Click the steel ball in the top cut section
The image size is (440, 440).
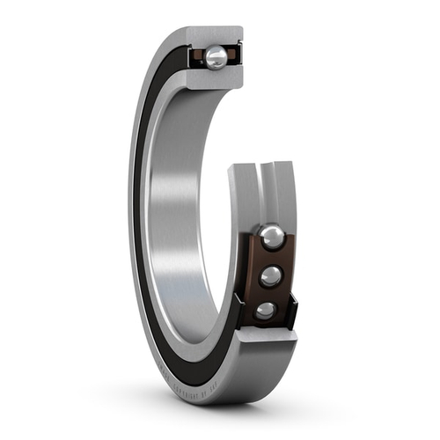pyautogui.click(x=216, y=57)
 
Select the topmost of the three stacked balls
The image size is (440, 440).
pyautogui.click(x=270, y=237)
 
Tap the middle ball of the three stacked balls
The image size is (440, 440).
pyautogui.click(x=271, y=275)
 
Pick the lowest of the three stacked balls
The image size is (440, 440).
pyautogui.click(x=265, y=310)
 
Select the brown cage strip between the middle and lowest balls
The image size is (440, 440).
pyautogui.click(x=268, y=293)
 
